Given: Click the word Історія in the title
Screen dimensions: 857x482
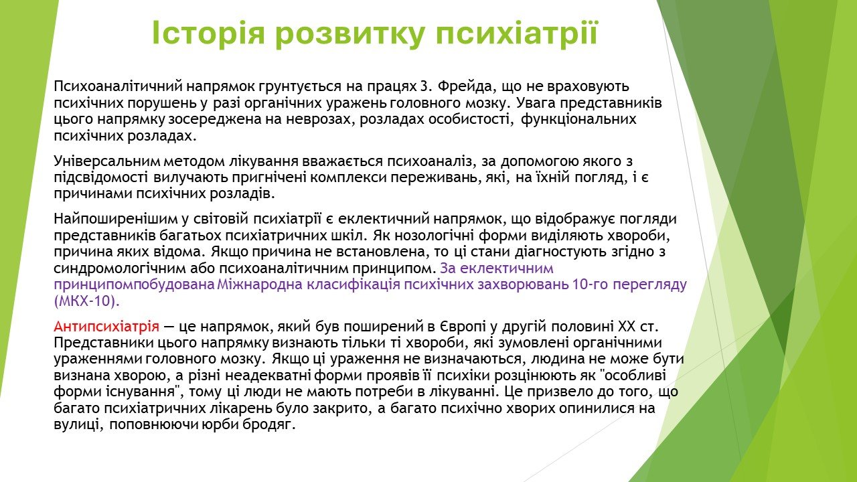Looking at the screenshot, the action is pyautogui.click(x=208, y=33).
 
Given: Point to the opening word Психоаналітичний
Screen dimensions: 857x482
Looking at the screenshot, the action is pyautogui.click(x=117, y=87).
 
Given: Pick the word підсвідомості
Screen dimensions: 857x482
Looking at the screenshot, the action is pyautogui.click(x=101, y=178).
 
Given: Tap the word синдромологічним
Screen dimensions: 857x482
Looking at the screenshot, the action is pyautogui.click(x=119, y=268).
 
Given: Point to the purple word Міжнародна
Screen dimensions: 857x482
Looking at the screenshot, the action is pyautogui.click(x=260, y=285).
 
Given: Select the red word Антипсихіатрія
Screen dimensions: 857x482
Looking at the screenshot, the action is pyautogui.click(x=106, y=327).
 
